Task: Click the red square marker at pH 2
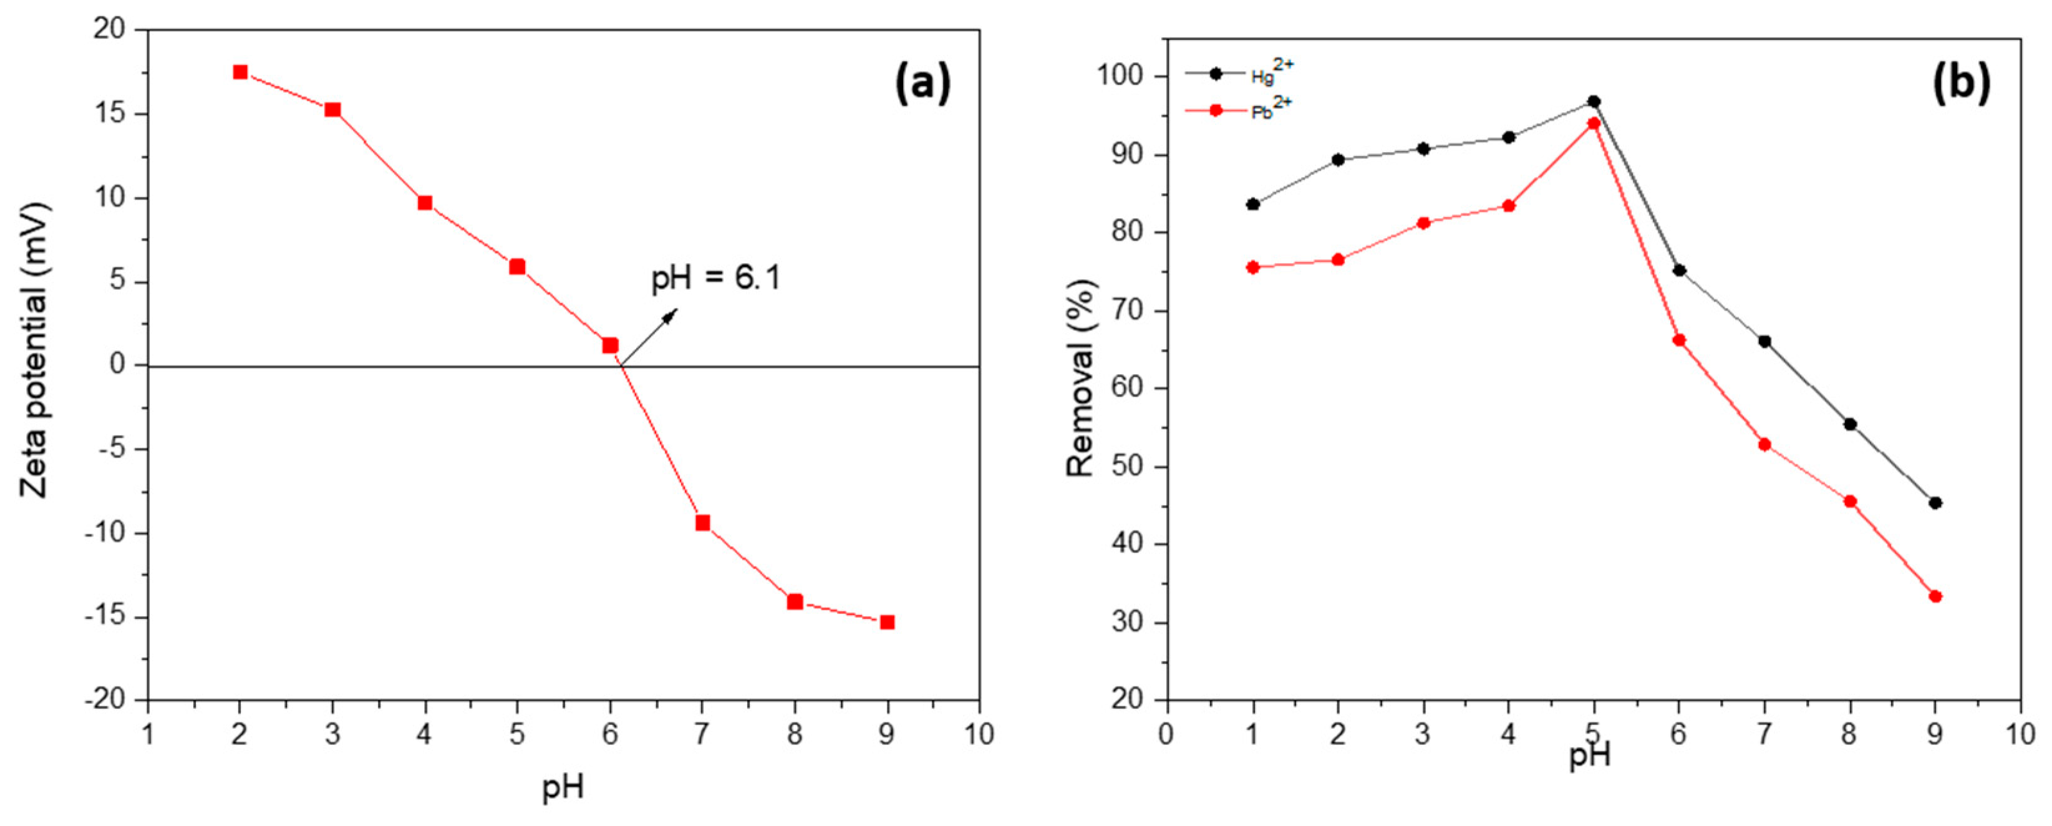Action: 240,72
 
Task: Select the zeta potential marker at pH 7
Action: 702,522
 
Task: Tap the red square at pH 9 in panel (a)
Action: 886,622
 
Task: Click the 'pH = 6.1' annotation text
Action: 716,278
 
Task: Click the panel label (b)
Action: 1960,83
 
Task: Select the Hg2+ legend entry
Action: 1239,74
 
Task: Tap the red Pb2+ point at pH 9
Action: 1935,596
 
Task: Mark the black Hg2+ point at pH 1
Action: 1252,204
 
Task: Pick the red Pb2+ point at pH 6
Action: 1678,340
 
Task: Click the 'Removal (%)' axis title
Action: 1081,378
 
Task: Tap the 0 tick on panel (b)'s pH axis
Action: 1166,734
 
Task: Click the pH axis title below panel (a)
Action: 563,788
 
